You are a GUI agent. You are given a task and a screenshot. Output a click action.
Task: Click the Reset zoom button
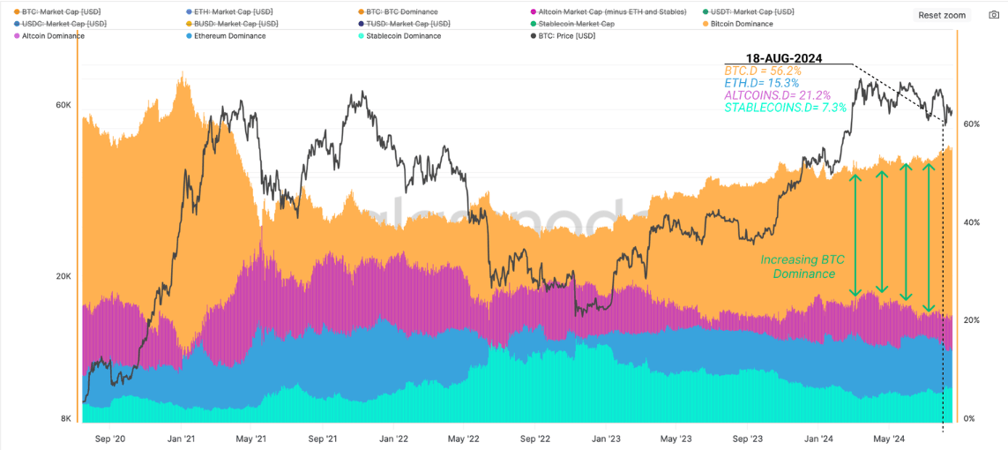[x=942, y=15]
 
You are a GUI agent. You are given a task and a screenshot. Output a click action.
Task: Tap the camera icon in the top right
[x=992, y=15]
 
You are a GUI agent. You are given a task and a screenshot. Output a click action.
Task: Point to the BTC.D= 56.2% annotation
[x=763, y=70]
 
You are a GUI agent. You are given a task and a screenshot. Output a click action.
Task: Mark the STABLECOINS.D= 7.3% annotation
[x=785, y=108]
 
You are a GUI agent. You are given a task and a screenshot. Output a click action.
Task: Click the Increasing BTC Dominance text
[x=803, y=267]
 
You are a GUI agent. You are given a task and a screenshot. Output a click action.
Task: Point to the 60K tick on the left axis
[x=63, y=105]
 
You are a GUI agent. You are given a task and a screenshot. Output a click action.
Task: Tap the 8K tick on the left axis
[x=66, y=418]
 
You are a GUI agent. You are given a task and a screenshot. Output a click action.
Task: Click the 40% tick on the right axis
[x=969, y=222]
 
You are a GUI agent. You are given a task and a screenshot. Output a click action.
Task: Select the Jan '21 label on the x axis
[x=180, y=438]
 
